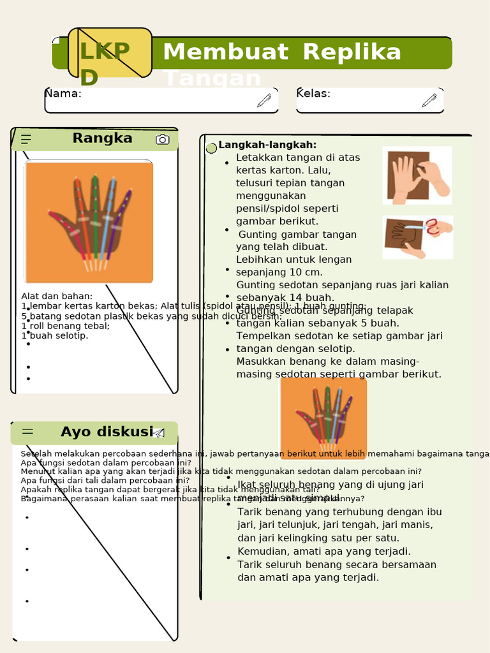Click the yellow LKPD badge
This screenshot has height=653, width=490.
coord(110,53)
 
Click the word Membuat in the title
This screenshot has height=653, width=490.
coord(225,52)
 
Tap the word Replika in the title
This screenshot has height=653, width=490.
coord(352,52)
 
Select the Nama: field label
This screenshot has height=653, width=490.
coord(63,94)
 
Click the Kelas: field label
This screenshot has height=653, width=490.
coord(313,94)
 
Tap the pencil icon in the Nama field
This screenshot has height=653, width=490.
coord(264,100)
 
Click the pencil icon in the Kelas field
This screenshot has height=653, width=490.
coord(429,100)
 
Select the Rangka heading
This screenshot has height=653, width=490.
coord(102,138)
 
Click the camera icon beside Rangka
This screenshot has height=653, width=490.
coord(163,139)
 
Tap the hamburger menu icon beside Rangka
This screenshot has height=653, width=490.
coord(26,139)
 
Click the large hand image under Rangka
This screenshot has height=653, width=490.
coord(89,222)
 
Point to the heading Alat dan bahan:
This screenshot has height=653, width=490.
coord(57,296)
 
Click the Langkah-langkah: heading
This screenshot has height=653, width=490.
coord(267,145)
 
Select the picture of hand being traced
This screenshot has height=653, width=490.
coord(417,175)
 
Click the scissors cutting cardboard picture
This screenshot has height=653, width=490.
coord(417,237)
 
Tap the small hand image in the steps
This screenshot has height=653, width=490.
coord(323,418)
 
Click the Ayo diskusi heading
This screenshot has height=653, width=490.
coord(107,432)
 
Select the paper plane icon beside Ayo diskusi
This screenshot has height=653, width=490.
coord(159,433)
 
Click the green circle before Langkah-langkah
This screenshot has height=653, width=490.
coord(211,148)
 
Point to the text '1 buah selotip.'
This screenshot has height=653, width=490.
coord(55,335)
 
